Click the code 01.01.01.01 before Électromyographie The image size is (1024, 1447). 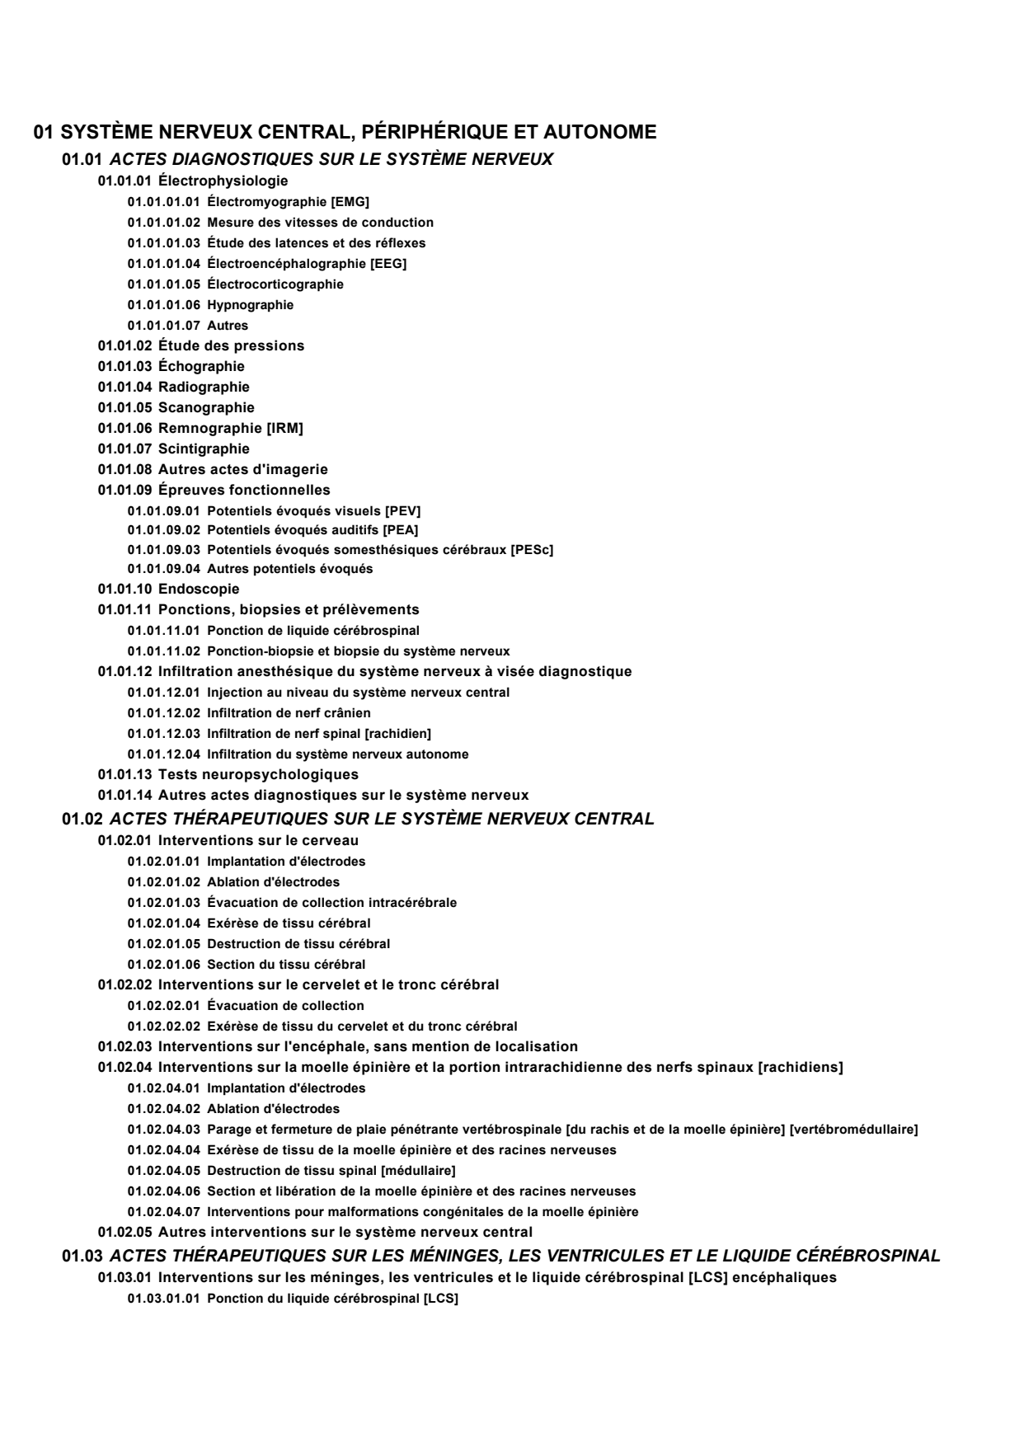click(163, 202)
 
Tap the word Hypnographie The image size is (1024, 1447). click(250, 305)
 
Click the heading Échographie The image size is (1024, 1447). click(201, 366)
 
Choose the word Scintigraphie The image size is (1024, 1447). click(204, 449)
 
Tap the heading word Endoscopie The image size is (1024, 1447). click(199, 589)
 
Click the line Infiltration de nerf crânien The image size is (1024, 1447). click(289, 713)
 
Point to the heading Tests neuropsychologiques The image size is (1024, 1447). click(258, 774)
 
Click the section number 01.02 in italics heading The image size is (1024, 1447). click(82, 819)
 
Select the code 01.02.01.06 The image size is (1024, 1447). click(163, 965)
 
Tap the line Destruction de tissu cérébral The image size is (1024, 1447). click(298, 944)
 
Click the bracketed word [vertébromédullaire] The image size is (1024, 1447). click(853, 1130)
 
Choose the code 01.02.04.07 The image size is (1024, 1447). click(163, 1212)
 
